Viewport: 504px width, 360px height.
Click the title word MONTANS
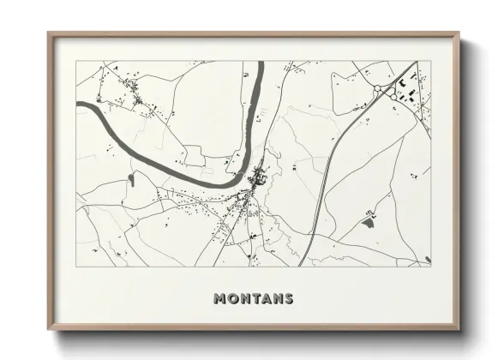(253, 299)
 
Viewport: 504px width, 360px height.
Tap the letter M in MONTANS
(219, 299)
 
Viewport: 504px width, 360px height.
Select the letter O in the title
(232, 299)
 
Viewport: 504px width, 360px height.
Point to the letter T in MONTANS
(255, 299)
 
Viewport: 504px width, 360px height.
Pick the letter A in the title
(266, 299)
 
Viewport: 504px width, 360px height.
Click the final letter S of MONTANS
(289, 299)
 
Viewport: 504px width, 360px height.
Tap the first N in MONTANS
(243, 299)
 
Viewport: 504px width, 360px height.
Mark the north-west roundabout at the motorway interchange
(377, 88)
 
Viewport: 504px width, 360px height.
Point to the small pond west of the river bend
(131, 178)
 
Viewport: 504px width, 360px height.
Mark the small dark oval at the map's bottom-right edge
(427, 259)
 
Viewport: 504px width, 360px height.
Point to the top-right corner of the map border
(431, 61)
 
